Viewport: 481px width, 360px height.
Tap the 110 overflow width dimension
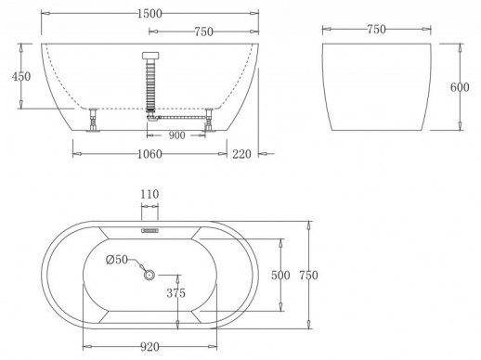150,195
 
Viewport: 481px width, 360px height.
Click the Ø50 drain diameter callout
116,261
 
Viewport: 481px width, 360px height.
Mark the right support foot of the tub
211,122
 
